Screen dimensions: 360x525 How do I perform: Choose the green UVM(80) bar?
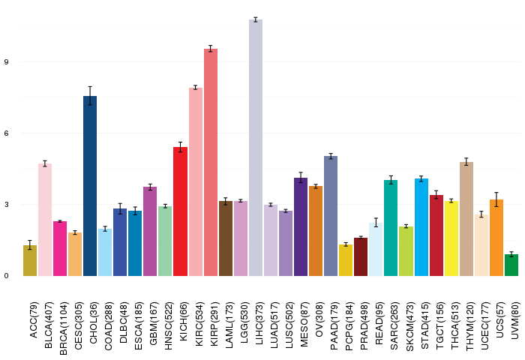(x=511, y=265)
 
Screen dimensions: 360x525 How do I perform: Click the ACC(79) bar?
(x=30, y=260)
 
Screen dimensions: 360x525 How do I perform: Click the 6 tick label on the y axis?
(x=6, y=133)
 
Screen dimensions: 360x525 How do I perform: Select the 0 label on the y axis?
(x=6, y=276)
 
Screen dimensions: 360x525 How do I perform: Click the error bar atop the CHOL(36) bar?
(x=90, y=96)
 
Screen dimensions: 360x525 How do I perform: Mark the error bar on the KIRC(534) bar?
(x=196, y=88)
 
